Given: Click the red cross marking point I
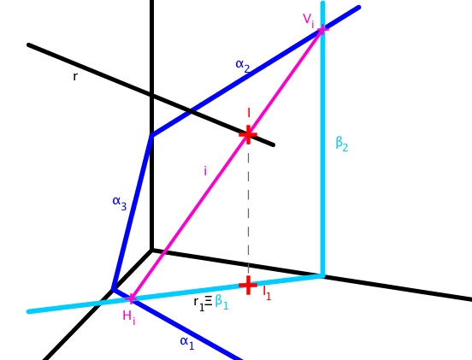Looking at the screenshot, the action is point(248,134).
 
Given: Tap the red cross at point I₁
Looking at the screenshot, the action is point(248,285).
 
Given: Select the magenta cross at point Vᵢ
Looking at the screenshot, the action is point(322,29).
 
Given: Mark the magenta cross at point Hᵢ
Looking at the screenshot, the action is point(131,298).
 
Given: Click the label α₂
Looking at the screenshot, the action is point(243,66).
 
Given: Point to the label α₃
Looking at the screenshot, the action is point(120,203).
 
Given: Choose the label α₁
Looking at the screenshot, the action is point(187,343).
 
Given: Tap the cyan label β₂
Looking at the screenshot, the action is point(342,144).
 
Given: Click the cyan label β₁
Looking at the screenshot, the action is point(221,301).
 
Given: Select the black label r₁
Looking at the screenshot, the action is point(199,304).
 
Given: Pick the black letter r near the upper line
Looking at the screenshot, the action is point(75,76).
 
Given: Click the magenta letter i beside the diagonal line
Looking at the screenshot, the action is point(205,171).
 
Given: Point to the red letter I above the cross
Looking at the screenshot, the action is point(249,113).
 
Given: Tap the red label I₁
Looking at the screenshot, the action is point(267,292).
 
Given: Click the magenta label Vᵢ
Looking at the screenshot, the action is point(309,21).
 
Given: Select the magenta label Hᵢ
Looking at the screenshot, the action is point(129,317).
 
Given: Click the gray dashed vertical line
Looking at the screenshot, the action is point(248,210).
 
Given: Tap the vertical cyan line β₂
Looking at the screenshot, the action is point(322,139).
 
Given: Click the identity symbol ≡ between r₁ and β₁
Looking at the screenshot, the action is point(209,301).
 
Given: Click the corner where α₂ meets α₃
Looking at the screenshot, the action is point(152,135).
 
